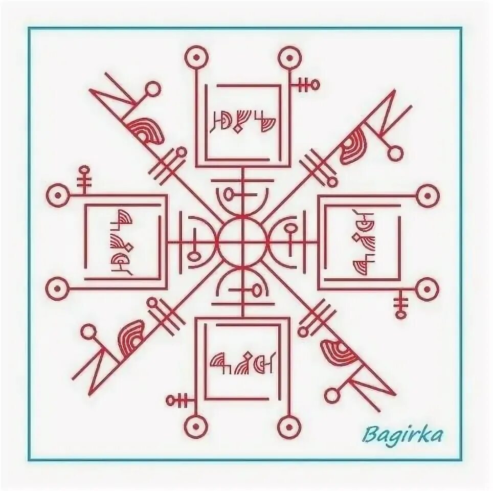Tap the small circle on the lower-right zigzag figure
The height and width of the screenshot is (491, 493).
(332, 394)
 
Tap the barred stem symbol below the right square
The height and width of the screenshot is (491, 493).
(400, 303)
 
